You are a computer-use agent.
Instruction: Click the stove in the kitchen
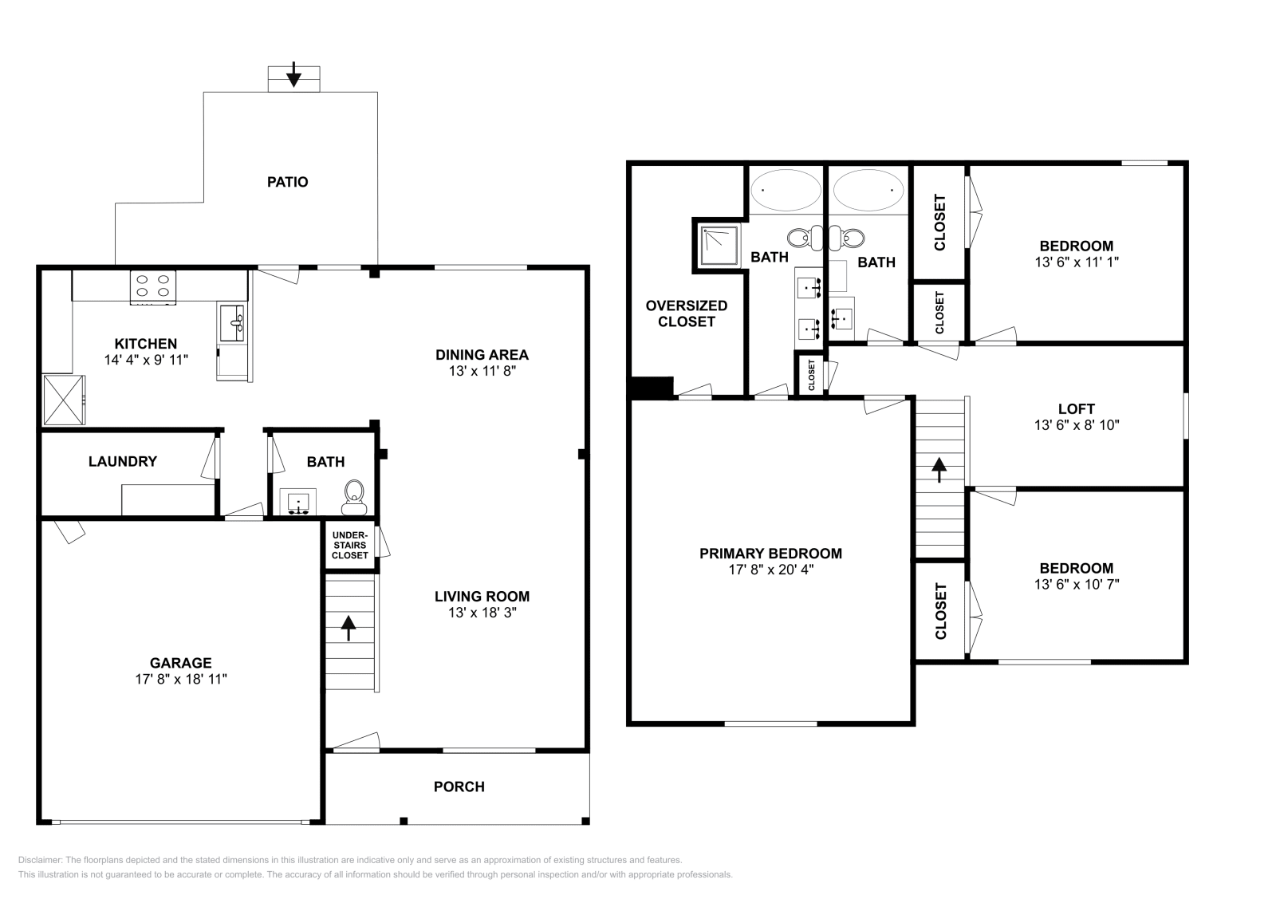click(153, 286)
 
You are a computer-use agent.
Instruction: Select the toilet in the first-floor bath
click(354, 497)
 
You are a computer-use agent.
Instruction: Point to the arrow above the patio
click(293, 74)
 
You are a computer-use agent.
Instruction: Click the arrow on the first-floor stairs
click(349, 627)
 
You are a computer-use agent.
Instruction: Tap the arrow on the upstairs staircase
click(939, 469)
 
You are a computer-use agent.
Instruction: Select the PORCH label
click(459, 787)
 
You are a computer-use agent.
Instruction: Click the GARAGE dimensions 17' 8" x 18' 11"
click(181, 680)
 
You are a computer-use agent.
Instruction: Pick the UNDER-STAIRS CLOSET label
click(349, 545)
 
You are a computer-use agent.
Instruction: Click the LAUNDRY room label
click(123, 461)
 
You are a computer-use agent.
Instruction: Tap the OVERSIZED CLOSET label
click(686, 313)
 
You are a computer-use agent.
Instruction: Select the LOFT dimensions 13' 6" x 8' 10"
click(1077, 425)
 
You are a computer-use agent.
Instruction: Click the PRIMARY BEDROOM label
click(770, 553)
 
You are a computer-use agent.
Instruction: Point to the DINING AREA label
click(482, 354)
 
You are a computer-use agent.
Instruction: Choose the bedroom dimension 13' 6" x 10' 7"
click(1076, 585)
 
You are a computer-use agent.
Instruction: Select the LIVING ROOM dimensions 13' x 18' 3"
click(482, 613)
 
